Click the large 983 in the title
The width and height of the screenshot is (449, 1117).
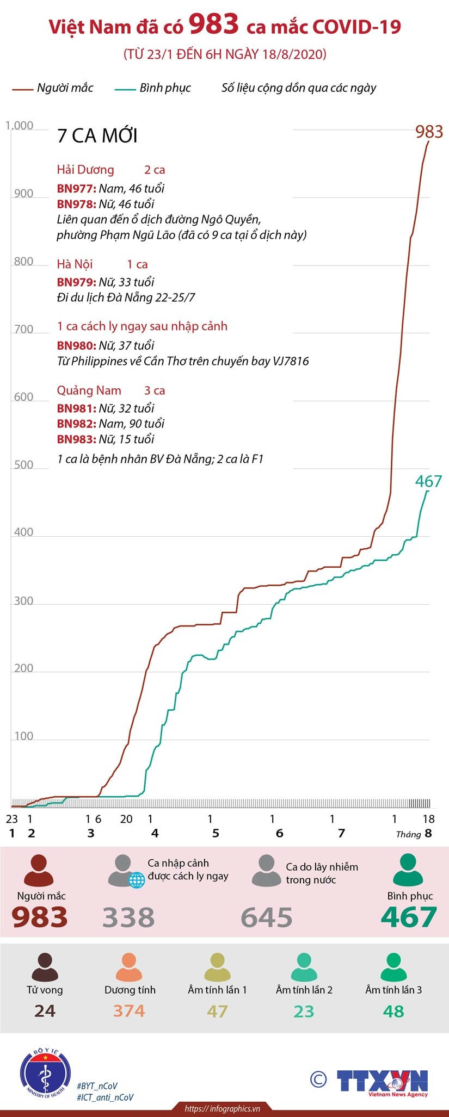[x=214, y=24]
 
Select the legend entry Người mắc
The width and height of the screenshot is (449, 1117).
[x=65, y=88]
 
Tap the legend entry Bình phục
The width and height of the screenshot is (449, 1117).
[x=165, y=88]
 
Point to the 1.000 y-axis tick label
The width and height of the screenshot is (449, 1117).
[x=20, y=126]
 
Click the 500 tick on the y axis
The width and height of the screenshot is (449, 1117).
[x=23, y=465]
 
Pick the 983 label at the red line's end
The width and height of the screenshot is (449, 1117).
[x=429, y=132]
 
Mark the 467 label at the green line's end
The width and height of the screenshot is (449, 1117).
[x=428, y=481]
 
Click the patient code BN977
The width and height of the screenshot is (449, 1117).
[x=77, y=189]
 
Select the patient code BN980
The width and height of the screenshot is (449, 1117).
[x=77, y=345]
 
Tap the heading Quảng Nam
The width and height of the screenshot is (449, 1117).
[x=89, y=390]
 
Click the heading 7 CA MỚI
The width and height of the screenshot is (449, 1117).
[x=97, y=136]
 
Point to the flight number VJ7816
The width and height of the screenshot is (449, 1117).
[x=288, y=361]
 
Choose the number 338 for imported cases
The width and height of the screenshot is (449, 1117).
[x=128, y=917]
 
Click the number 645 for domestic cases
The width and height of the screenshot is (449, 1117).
[x=267, y=917]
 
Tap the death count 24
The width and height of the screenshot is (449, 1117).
[x=45, y=1011]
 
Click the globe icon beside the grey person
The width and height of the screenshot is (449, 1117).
[x=136, y=879]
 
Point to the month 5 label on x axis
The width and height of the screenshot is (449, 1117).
[x=216, y=833]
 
